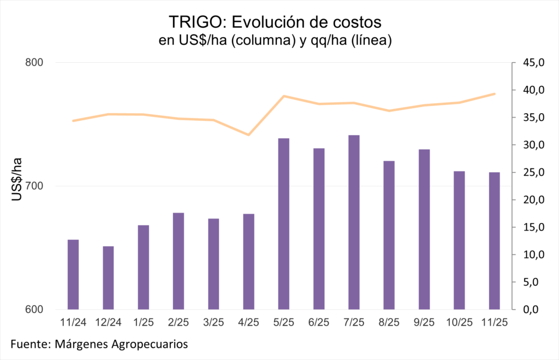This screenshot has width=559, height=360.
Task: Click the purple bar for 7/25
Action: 354,222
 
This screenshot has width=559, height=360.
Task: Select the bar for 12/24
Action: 108,278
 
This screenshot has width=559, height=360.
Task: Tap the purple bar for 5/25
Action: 283,223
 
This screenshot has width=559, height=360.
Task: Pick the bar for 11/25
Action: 494,240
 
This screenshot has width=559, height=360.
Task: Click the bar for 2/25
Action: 179,261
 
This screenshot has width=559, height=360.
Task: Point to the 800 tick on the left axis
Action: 34,63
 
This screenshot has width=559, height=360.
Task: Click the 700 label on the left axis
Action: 34,186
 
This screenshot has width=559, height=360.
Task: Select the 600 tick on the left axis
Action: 34,310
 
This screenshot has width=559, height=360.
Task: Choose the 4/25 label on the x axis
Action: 248,322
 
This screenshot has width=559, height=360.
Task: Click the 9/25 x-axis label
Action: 424,322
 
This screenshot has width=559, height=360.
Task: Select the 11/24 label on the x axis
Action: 73,322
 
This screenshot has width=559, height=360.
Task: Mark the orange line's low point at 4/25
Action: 248,134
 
